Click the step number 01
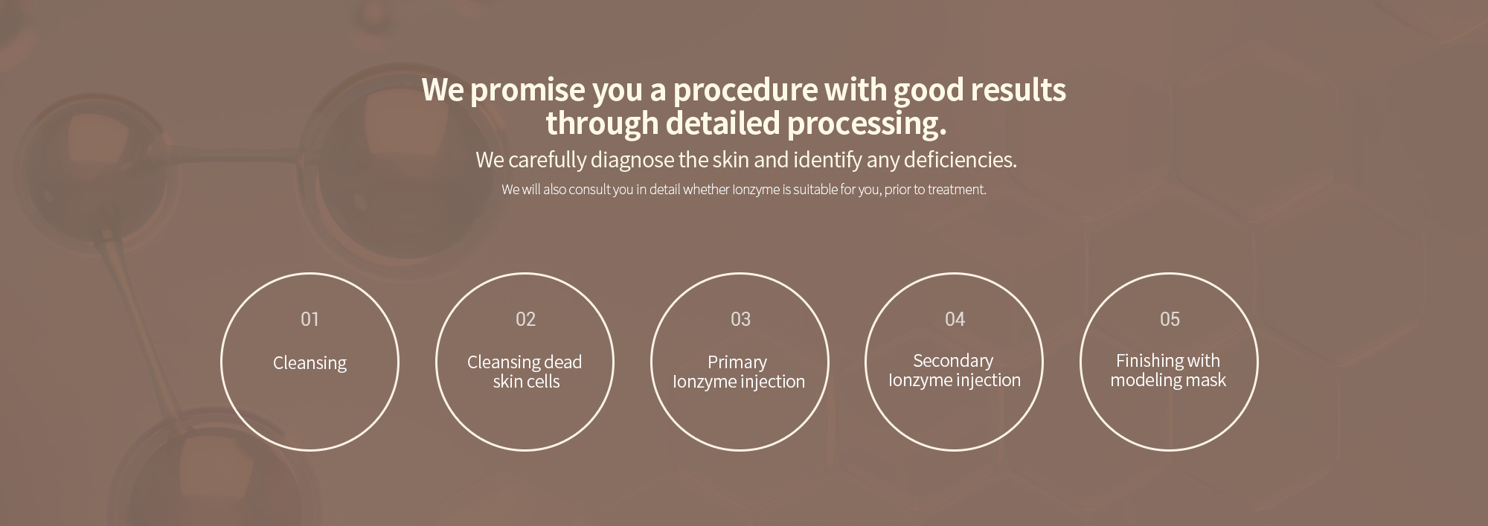point(310,319)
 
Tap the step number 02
point(525,319)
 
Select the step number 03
point(740,319)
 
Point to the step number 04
point(955,319)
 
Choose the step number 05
point(1170,319)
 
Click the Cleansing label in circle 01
point(310,363)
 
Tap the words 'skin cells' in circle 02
point(526,382)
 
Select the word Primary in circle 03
point(737,363)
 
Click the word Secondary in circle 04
point(953,361)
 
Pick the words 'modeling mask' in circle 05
point(1168,380)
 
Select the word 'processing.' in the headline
point(867,124)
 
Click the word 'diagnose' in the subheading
point(632,161)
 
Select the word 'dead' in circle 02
point(562,362)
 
